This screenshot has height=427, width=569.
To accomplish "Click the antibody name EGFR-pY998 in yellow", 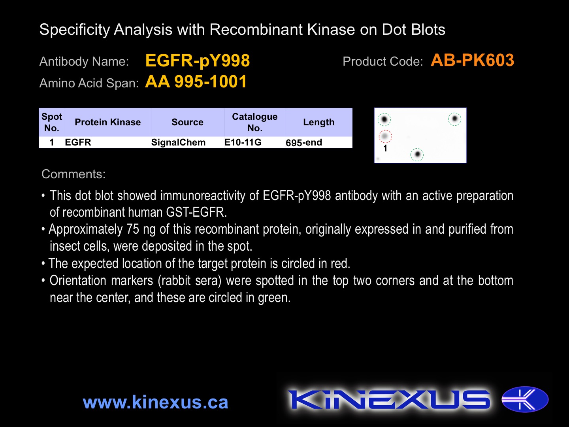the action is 198,61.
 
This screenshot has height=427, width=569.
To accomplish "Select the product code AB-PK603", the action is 472,60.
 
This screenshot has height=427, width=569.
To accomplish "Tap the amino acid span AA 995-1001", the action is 196,82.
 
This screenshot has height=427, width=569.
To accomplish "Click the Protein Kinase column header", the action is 108,122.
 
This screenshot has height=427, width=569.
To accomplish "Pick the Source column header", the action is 187,122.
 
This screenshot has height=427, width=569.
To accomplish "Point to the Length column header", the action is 319,122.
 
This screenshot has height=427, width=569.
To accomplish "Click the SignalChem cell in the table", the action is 178,142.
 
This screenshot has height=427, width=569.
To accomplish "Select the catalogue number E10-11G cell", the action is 243,142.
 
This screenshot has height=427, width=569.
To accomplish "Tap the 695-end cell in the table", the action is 304,143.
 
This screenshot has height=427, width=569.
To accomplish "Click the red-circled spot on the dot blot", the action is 385,136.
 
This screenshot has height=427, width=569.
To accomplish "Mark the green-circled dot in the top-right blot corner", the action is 454,119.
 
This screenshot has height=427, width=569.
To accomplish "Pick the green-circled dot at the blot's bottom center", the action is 417,155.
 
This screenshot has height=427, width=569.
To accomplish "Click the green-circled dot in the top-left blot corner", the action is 384,119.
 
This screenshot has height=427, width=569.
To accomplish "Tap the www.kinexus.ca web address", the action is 156,402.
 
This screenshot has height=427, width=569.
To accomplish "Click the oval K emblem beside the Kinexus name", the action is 525,399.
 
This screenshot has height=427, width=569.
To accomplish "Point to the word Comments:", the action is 73,174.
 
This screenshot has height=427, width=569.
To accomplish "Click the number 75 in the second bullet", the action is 133,229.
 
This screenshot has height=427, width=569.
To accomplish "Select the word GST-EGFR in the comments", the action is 196,212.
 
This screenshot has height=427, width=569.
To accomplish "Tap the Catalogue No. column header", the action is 255,122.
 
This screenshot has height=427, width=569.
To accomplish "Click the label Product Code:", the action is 383,61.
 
